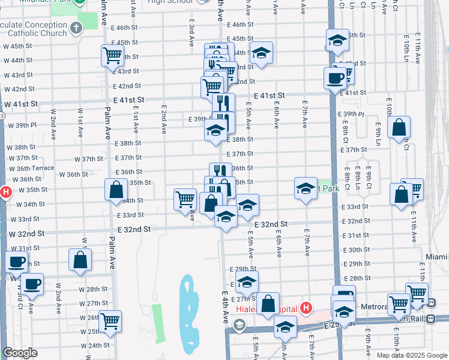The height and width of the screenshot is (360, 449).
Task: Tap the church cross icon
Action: coord(76,28)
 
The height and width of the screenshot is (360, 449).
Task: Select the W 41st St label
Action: coord(21,104)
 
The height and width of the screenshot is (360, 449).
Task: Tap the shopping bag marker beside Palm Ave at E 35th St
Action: coord(116,190)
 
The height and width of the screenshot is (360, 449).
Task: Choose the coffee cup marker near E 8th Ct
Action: coord(335,78)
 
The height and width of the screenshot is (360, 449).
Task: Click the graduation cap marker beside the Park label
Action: coord(306,189)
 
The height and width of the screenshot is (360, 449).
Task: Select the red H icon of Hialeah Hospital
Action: coord(306,309)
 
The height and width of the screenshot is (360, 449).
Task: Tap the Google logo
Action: coord(20,353)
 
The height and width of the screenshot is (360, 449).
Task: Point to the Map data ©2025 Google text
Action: coord(411,355)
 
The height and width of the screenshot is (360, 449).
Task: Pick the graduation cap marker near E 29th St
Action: coord(246,281)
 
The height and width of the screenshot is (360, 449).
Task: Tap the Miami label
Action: coord(436,257)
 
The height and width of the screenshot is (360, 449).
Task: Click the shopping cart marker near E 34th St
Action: coord(185,200)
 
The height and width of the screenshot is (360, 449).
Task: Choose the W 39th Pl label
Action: coord(22,125)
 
